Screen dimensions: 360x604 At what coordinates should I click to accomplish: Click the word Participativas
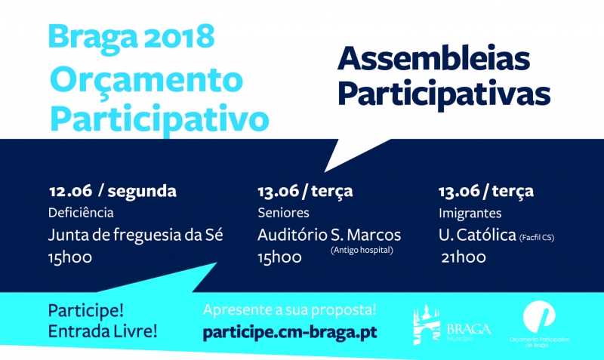(x=444, y=94)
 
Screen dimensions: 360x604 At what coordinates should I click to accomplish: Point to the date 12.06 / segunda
(x=112, y=191)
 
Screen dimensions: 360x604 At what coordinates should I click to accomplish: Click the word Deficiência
(x=81, y=212)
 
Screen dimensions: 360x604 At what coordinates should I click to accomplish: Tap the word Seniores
(x=281, y=212)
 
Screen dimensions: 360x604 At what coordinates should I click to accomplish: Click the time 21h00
(x=464, y=257)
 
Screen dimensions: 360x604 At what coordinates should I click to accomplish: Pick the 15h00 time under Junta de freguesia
(x=71, y=257)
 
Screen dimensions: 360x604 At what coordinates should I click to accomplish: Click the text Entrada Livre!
(x=103, y=331)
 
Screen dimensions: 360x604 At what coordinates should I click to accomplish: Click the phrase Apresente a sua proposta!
(x=290, y=310)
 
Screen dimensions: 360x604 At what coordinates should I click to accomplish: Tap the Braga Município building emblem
(x=427, y=325)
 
